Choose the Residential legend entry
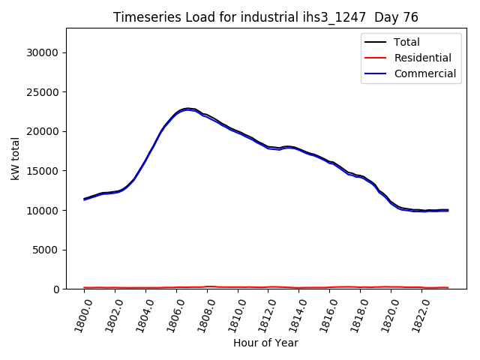pos(422,58)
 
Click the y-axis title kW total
pos(15,158)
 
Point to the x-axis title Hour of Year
pos(265,343)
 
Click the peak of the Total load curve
pos(187,109)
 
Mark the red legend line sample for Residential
pos(376,58)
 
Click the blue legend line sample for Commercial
pos(376,73)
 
